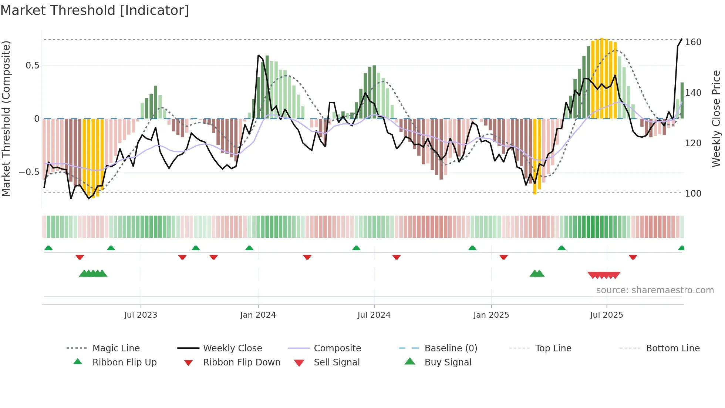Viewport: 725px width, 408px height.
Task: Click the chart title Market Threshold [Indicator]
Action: pos(95,10)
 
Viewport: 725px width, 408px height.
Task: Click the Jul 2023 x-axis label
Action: pos(141,315)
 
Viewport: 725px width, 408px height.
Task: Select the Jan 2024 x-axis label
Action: pos(258,315)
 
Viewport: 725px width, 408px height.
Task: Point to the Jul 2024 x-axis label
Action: pos(374,315)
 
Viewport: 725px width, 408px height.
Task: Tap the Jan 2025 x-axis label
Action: pos(491,315)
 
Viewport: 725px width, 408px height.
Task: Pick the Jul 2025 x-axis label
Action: pos(607,315)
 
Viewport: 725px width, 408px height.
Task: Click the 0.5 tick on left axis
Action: pos(32,66)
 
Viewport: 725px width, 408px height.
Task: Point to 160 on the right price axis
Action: pos(693,42)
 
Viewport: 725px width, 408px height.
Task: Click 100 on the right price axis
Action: pos(693,193)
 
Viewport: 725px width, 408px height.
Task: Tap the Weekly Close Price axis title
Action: pos(716,118)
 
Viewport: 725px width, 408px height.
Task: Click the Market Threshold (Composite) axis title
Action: pos(6,118)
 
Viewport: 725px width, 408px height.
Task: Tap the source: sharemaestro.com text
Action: pos(655,290)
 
